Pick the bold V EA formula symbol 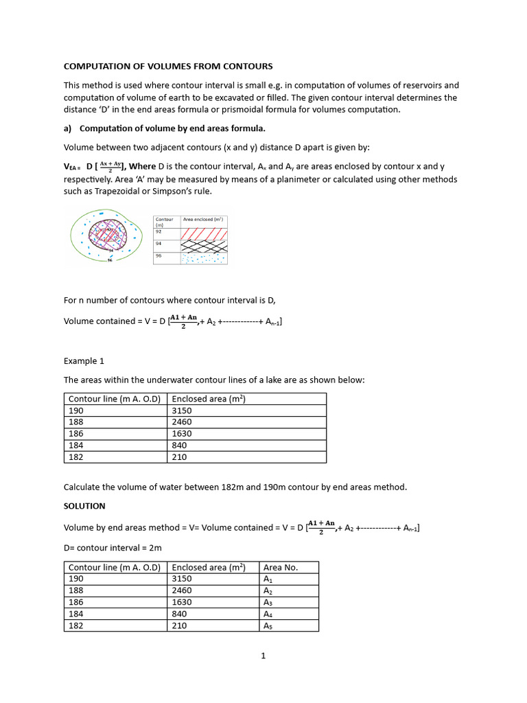71,167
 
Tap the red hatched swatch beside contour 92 203,234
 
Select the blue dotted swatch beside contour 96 203,258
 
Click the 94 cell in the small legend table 166,245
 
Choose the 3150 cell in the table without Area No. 182,411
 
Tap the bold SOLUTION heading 84,506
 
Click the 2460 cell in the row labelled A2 182,590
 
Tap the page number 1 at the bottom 263,656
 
